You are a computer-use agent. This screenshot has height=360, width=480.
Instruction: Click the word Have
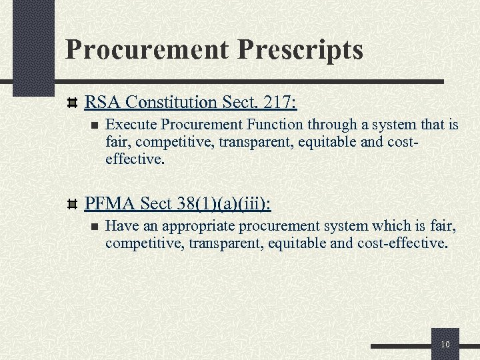[x=119, y=225]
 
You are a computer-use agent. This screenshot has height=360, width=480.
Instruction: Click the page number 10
[x=445, y=344]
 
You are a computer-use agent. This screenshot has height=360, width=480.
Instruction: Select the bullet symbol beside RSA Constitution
[x=73, y=103]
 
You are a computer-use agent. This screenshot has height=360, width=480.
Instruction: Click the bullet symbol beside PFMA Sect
[x=73, y=203]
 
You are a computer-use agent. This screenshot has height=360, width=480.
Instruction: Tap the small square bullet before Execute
[x=94, y=124]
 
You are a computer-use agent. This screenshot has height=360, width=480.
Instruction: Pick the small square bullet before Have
[x=94, y=225]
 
